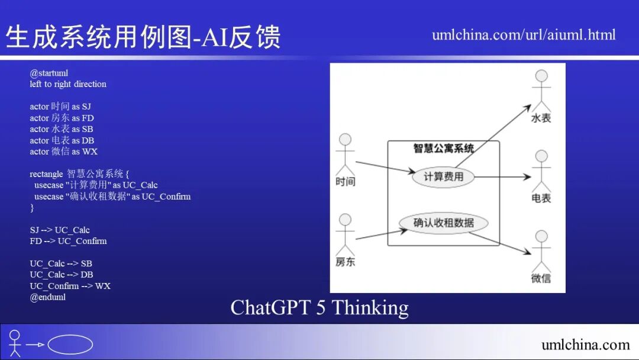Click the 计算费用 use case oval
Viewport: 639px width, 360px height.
(443, 176)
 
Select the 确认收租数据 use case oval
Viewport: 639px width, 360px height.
(444, 223)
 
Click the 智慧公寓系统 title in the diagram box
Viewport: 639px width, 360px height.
(443, 148)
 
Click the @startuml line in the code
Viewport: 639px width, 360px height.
(49, 73)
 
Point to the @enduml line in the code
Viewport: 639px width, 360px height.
(48, 297)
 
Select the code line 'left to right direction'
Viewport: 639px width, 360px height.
(68, 84)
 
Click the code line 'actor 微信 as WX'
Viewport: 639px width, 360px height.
(63, 152)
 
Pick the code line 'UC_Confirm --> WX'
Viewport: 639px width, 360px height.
(70, 286)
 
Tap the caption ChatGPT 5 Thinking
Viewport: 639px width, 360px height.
(319, 308)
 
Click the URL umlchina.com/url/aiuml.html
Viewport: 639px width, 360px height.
(524, 34)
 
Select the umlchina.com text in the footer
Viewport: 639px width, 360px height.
(585, 345)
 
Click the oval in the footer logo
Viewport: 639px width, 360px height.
(70, 345)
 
